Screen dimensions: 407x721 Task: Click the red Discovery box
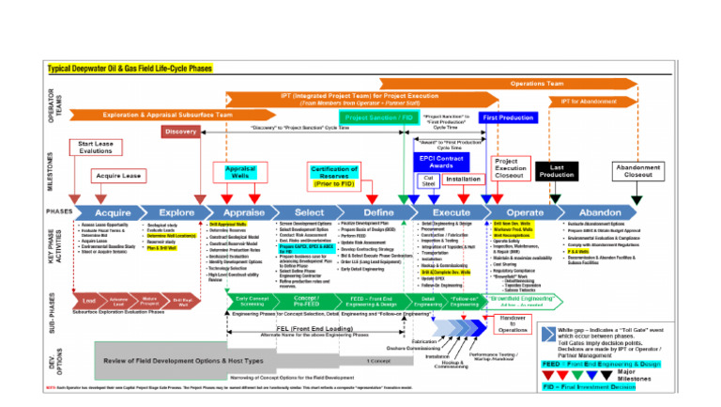180,132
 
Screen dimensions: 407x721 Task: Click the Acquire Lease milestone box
119,176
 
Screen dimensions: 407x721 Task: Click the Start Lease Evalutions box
95,148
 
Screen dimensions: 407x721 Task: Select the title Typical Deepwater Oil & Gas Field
131,69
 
